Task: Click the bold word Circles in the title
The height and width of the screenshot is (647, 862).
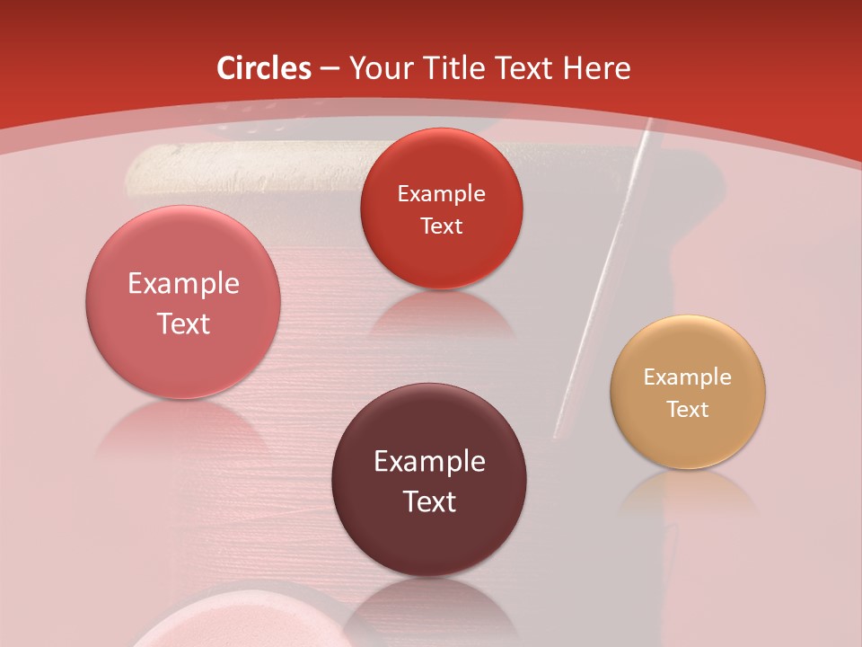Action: (264, 68)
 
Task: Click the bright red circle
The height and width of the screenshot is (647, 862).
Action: (441, 208)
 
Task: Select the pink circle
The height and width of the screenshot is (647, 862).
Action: (183, 302)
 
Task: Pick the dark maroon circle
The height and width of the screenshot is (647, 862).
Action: (429, 480)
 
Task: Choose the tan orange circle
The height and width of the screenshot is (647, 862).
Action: (688, 392)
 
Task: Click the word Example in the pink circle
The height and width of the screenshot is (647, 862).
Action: (183, 284)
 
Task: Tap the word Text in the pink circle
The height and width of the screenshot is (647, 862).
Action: (183, 323)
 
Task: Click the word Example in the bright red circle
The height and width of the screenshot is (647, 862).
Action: (441, 193)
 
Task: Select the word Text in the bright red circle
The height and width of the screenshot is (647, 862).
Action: (441, 226)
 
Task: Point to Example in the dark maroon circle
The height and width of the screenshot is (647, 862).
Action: (429, 462)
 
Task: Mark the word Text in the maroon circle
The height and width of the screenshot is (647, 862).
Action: (429, 501)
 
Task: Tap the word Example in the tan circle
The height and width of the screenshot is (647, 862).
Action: (688, 377)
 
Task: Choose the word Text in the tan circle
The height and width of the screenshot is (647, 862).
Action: (688, 410)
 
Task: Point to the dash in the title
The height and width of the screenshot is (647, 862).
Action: (330, 69)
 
